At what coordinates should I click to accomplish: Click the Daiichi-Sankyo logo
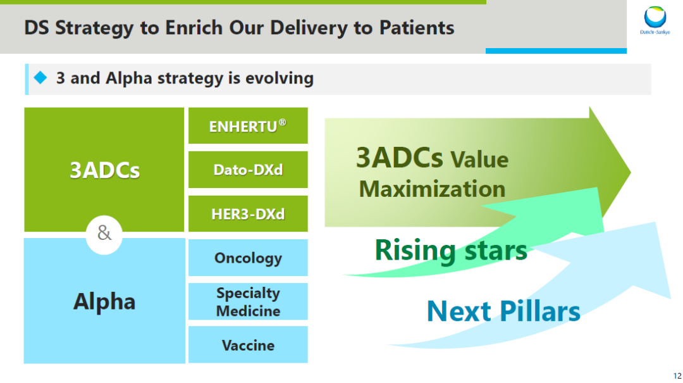pyautogui.click(x=655, y=20)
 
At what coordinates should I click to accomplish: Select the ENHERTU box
pyautogui.click(x=248, y=125)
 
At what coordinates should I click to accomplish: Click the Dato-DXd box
pyautogui.click(x=248, y=170)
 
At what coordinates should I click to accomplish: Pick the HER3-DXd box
pyautogui.click(x=248, y=214)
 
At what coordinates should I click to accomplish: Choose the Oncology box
pyautogui.click(x=248, y=258)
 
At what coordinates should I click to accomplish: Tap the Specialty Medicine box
pyautogui.click(x=248, y=301)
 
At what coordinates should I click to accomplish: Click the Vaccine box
pyautogui.click(x=248, y=344)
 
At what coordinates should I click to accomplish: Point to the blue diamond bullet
pyautogui.click(x=40, y=78)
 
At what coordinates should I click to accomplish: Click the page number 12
pyautogui.click(x=677, y=375)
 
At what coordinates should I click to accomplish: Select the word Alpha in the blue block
pyautogui.click(x=104, y=301)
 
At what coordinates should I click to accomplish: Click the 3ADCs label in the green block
pyautogui.click(x=104, y=170)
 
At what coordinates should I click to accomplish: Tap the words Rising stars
pyautogui.click(x=451, y=251)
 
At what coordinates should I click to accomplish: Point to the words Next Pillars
pyautogui.click(x=503, y=311)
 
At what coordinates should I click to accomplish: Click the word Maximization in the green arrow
pyautogui.click(x=432, y=189)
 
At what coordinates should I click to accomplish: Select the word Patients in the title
pyautogui.click(x=417, y=27)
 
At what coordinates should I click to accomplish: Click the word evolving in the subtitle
pyautogui.click(x=280, y=78)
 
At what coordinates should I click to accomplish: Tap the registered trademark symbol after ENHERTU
pyautogui.click(x=282, y=122)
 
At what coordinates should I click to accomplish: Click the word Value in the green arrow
pyautogui.click(x=479, y=160)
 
